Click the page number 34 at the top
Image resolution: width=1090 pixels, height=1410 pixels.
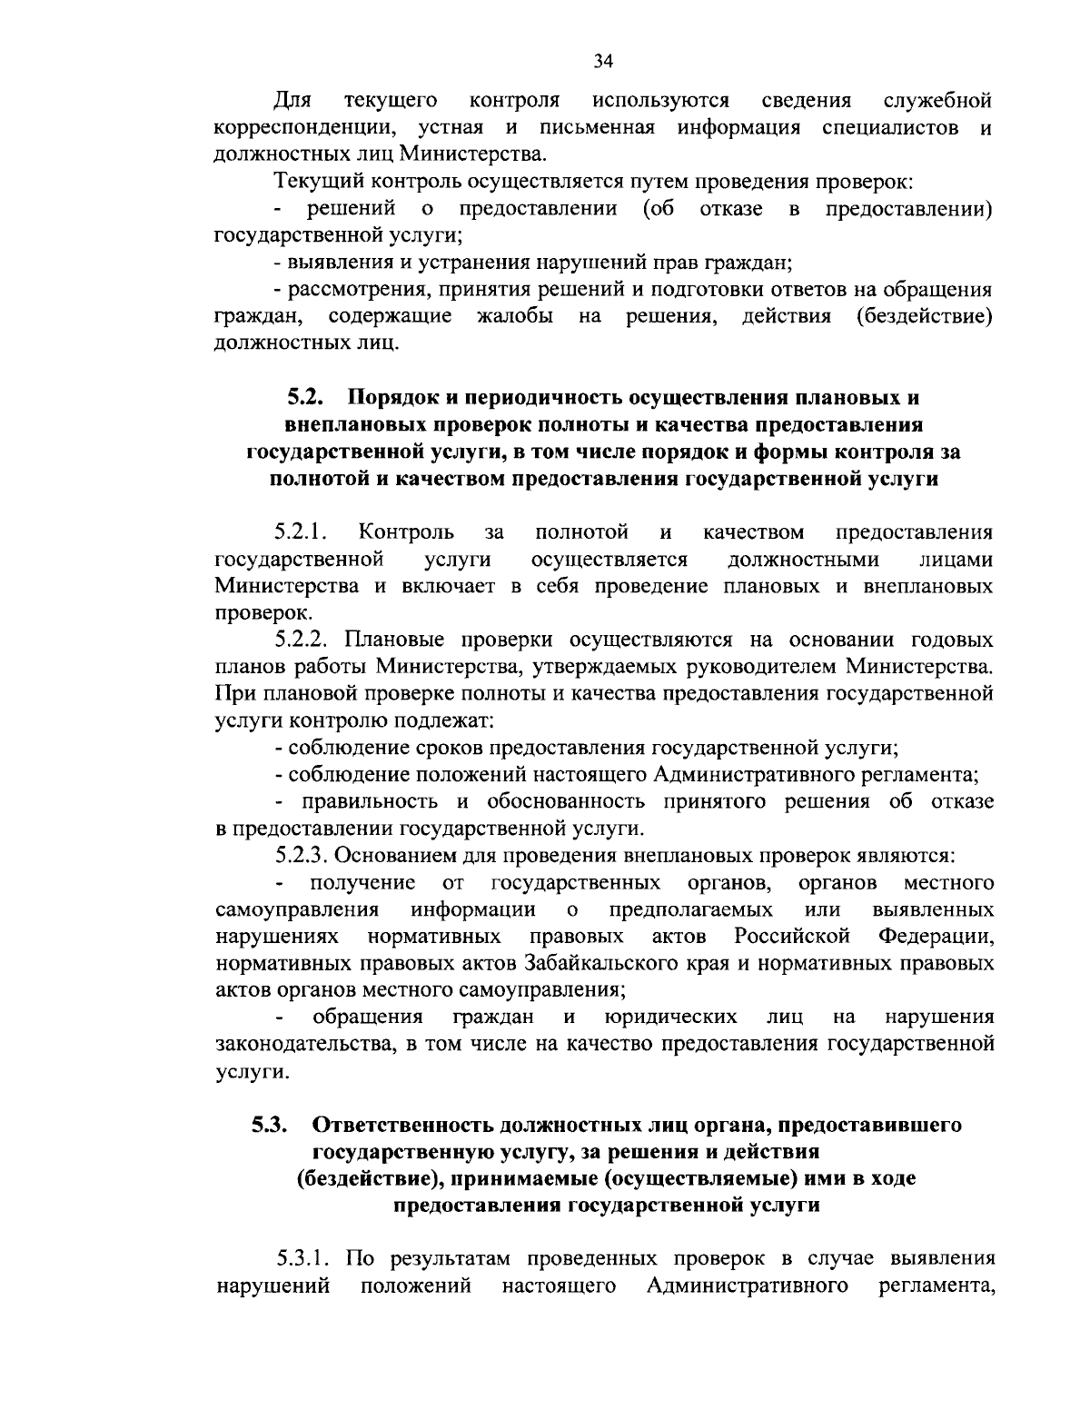point(604,61)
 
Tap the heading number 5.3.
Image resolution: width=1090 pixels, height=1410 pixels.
point(270,1125)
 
